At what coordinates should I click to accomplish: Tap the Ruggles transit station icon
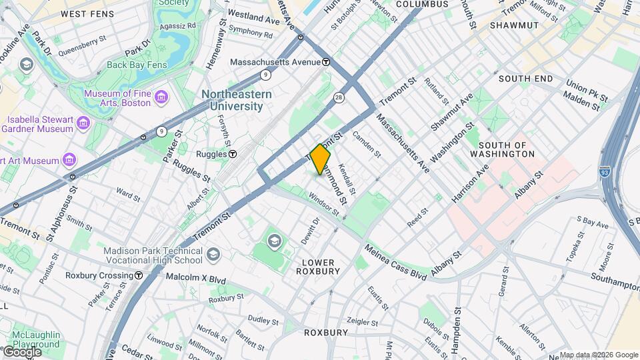click(233, 154)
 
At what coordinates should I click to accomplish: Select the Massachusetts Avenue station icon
click(326, 62)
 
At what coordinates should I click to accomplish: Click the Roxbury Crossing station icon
click(139, 275)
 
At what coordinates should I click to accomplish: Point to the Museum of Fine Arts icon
click(161, 98)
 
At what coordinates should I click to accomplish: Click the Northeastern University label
click(237, 100)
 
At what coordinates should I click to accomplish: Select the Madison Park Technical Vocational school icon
click(213, 254)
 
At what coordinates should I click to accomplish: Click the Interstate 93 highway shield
click(605, 172)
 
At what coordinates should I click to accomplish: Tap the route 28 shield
click(339, 98)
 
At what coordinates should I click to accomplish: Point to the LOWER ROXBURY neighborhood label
click(321, 267)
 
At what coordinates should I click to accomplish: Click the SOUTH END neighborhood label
click(525, 79)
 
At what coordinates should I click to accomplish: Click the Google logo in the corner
click(22, 352)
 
